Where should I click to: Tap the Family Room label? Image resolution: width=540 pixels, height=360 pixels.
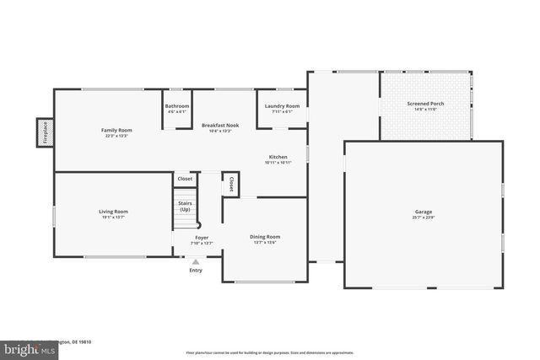click(x=116, y=130)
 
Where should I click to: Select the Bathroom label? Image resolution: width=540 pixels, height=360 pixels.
click(x=176, y=105)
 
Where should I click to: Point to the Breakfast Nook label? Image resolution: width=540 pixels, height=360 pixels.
click(x=219, y=126)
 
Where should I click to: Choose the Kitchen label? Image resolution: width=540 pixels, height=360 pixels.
click(x=278, y=157)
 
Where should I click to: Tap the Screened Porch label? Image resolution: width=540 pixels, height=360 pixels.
click(x=425, y=104)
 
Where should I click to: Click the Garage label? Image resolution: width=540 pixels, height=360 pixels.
click(x=423, y=213)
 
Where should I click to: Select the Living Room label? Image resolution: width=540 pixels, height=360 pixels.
click(x=113, y=212)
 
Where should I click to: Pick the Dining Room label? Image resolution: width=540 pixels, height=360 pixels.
click(x=265, y=237)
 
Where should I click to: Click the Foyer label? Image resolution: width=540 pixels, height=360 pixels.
click(x=202, y=238)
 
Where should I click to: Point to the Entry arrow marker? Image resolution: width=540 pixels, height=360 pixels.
click(x=196, y=262)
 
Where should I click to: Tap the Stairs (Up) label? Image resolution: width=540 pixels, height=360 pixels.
click(x=185, y=206)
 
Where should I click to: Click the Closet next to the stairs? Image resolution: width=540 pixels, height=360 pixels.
click(x=185, y=179)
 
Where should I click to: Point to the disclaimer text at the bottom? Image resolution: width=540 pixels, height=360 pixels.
click(x=269, y=352)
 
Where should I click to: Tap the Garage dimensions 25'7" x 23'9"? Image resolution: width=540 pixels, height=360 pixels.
click(x=423, y=218)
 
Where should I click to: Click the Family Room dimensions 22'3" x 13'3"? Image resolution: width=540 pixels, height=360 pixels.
click(x=116, y=135)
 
